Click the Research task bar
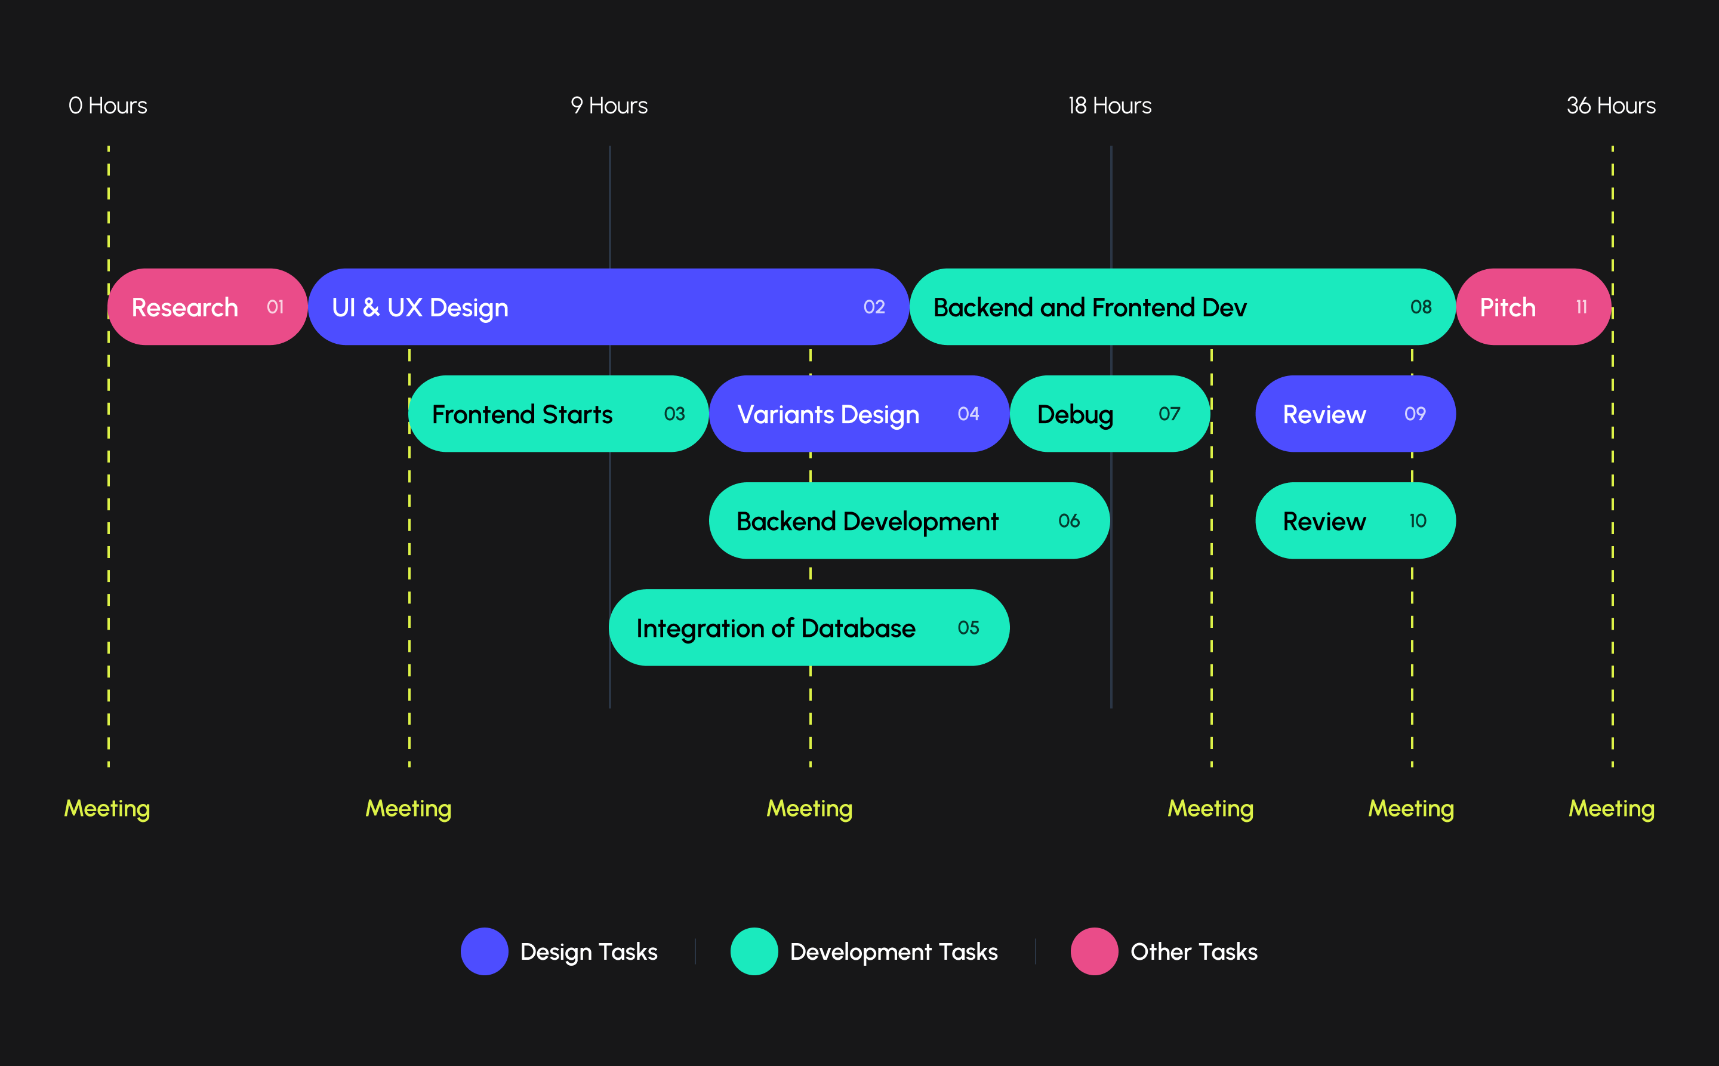click(207, 307)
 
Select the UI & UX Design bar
click(608, 307)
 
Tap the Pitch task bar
click(1533, 307)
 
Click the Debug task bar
click(1110, 414)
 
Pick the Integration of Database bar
click(809, 627)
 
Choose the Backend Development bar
click(909, 521)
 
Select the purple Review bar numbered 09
click(1354, 414)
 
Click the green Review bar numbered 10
click(1354, 521)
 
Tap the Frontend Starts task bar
click(559, 414)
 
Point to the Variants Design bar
click(859, 414)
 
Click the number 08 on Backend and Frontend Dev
click(1420, 307)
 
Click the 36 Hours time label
click(1610, 106)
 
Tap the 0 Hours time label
click(108, 106)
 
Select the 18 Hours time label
click(1110, 106)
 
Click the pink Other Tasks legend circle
click(1093, 951)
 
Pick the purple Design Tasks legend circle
click(485, 951)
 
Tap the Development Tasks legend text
click(894, 952)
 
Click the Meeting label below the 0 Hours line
click(107, 808)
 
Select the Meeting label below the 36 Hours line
click(1611, 808)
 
